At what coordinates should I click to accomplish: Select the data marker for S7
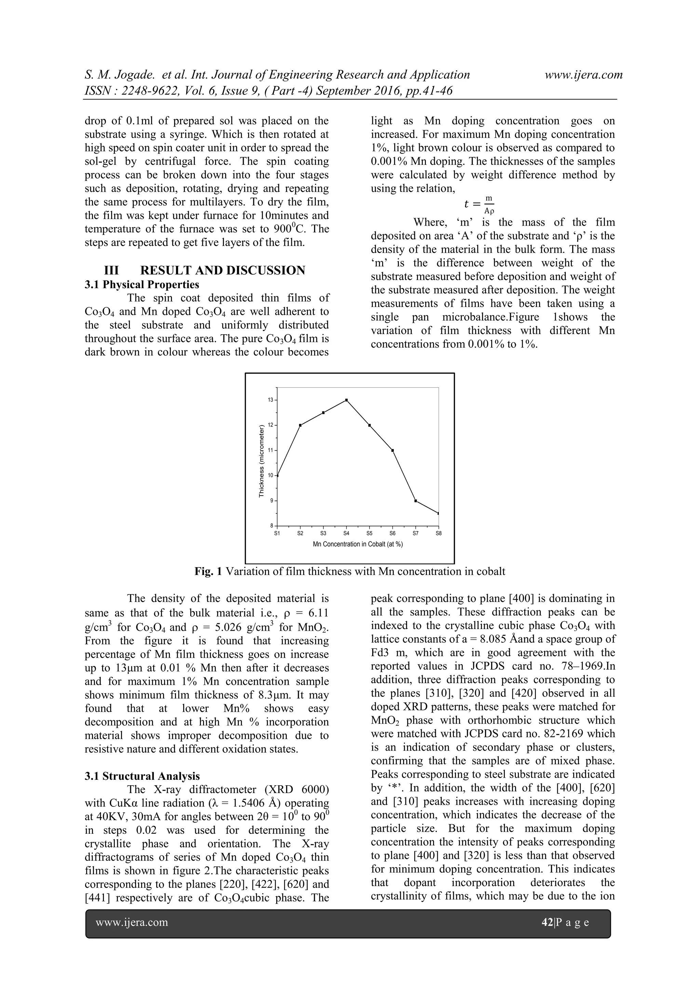click(x=416, y=500)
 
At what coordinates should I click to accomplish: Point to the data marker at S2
click(x=300, y=425)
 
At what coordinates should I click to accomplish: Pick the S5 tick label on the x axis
click(x=369, y=533)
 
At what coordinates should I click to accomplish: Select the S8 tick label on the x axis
click(x=439, y=533)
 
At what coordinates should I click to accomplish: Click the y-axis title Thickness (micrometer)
click(x=261, y=461)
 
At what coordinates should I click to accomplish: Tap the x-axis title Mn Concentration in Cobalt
click(x=358, y=544)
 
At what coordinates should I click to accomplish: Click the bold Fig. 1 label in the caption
click(x=208, y=572)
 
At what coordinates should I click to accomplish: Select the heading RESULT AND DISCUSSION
click(x=223, y=270)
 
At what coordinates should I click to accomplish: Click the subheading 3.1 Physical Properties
click(x=142, y=284)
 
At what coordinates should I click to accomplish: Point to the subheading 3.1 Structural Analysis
click(x=142, y=776)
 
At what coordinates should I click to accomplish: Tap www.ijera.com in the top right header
click(x=584, y=75)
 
